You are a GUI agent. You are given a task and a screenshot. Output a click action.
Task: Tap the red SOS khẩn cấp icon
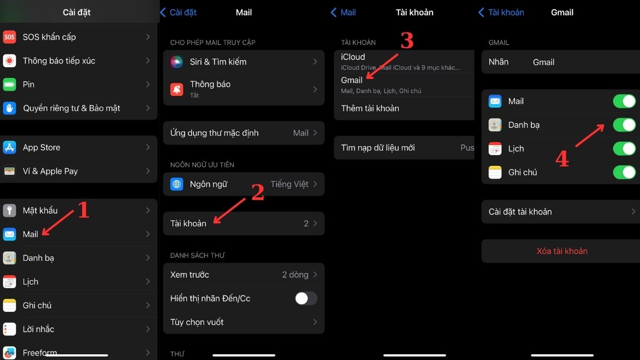10,37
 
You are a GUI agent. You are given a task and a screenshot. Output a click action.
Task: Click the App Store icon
10,147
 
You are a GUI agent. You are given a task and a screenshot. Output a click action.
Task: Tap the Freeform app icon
10,353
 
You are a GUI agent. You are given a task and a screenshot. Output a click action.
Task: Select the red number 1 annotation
83,210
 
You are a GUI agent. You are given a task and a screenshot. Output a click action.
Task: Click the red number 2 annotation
258,192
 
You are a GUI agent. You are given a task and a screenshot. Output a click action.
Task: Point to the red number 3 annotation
407,40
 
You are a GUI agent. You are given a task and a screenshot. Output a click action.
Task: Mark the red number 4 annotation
562,158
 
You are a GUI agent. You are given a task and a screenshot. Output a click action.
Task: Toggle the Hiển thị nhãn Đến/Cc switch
306,299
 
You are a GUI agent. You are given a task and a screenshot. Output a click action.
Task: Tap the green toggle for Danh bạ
625,125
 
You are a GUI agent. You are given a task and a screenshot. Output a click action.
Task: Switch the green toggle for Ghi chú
625,172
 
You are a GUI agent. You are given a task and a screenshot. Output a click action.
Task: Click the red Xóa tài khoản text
562,251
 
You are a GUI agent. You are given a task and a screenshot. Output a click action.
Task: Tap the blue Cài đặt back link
178,12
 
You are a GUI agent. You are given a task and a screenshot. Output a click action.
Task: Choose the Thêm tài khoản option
370,108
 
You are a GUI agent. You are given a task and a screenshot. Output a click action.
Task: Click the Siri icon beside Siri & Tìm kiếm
177,62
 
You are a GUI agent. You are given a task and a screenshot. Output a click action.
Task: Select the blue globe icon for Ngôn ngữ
177,184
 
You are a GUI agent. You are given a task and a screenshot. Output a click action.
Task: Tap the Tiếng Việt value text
290,184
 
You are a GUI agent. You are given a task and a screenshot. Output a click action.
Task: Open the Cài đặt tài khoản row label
520,212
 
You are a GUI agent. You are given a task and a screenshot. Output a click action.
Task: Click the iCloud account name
353,57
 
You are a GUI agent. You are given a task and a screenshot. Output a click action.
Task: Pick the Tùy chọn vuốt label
197,322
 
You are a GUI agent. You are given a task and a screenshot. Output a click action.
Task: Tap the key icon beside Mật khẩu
10,211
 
